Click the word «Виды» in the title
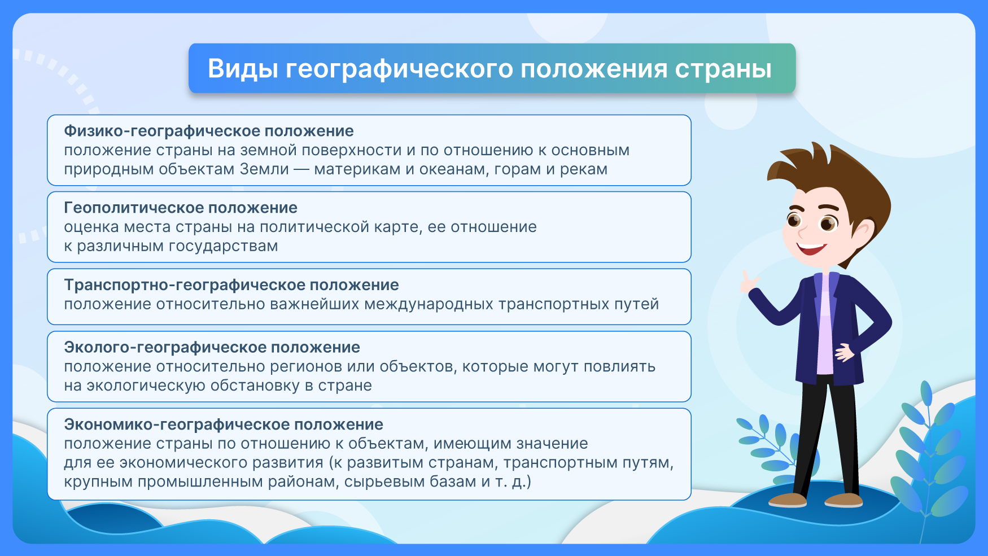[x=243, y=69]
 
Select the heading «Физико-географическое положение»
[x=209, y=132]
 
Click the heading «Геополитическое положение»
[x=181, y=208]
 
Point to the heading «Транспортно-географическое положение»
[x=231, y=285]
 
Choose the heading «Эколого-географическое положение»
[x=212, y=347]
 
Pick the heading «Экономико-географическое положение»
[x=224, y=424]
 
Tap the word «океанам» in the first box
[x=454, y=169]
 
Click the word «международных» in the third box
[x=429, y=304]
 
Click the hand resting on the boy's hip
[x=846, y=352]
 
